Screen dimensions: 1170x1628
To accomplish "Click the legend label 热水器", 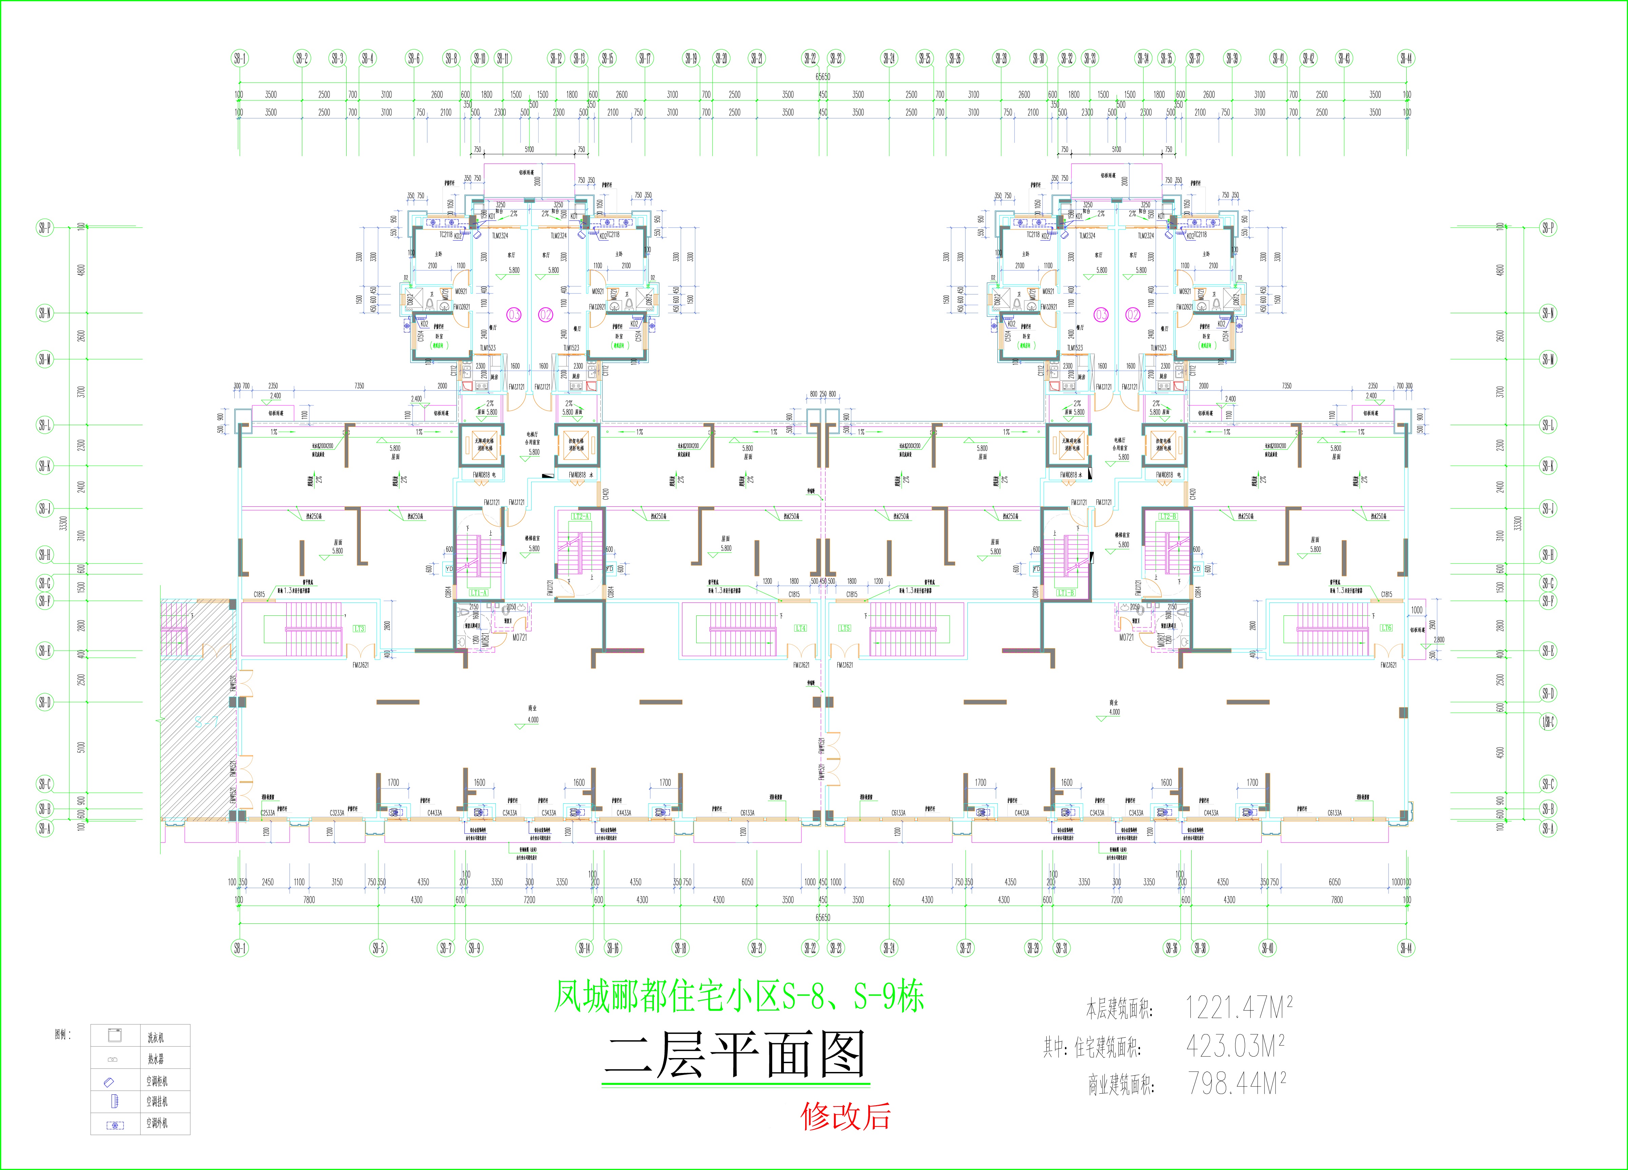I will click(156, 1059).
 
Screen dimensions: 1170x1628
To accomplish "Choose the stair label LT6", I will click(1387, 628).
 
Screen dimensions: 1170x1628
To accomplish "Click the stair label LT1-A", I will click(479, 593).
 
